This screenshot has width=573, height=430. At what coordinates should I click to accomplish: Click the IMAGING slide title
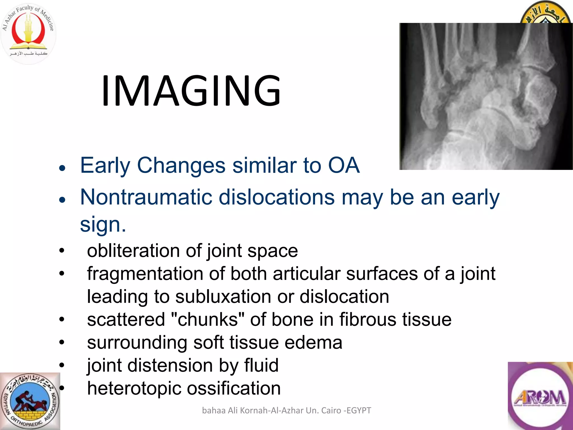point(191,91)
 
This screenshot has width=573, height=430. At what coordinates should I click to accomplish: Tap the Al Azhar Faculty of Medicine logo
point(28,33)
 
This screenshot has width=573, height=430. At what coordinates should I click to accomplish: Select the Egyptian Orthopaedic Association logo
point(30,401)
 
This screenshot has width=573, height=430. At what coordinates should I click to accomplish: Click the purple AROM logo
point(540,396)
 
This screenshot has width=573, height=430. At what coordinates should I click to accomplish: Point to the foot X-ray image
point(486,96)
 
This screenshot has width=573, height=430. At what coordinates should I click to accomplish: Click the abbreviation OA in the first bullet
point(344,165)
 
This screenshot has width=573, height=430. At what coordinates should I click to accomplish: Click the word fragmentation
point(145,274)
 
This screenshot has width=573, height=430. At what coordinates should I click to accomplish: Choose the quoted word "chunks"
point(207,319)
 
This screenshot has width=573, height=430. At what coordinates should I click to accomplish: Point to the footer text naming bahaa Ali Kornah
point(286,410)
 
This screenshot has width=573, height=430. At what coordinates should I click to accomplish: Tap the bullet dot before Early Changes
point(62,168)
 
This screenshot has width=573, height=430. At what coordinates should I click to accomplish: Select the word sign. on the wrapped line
point(103,224)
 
